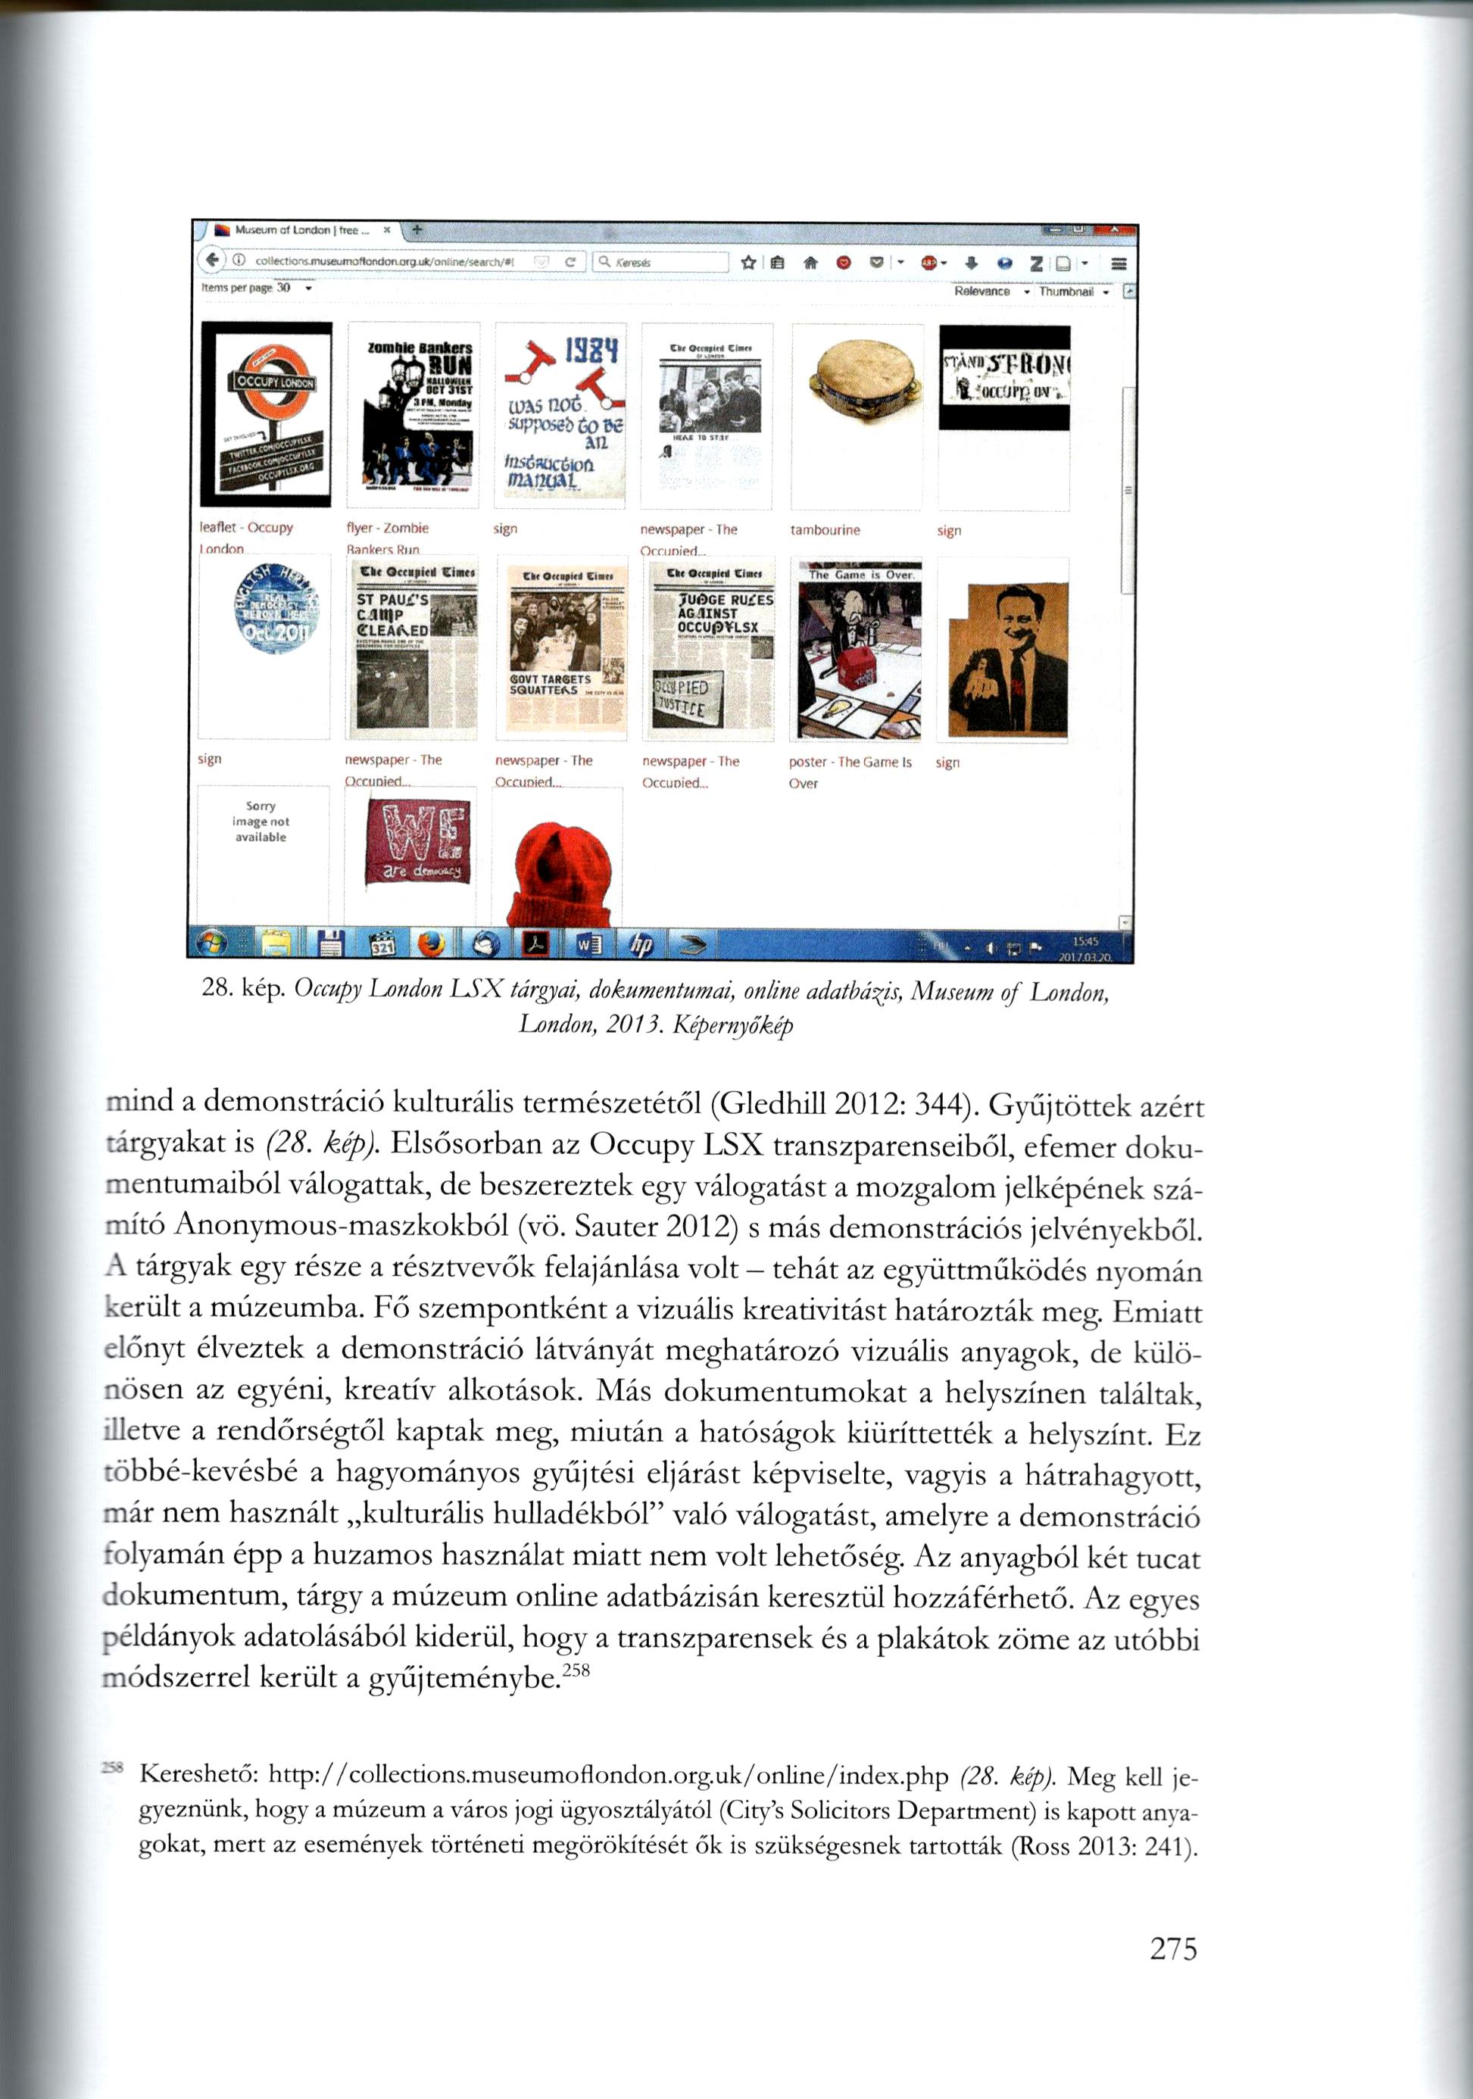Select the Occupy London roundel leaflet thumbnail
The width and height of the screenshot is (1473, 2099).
pyautogui.click(x=265, y=413)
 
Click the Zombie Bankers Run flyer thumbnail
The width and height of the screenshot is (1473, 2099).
pyautogui.click(x=414, y=413)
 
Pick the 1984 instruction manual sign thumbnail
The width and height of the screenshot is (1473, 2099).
pyautogui.click(x=560, y=413)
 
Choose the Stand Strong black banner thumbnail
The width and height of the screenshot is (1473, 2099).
pyautogui.click(x=1004, y=378)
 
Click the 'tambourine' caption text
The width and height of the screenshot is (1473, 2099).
pyautogui.click(x=825, y=530)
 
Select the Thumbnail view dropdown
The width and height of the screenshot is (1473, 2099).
pyautogui.click(x=1072, y=292)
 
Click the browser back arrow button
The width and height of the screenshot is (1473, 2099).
pyautogui.click(x=212, y=261)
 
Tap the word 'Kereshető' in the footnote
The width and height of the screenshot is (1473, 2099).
pyautogui.click(x=200, y=1776)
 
